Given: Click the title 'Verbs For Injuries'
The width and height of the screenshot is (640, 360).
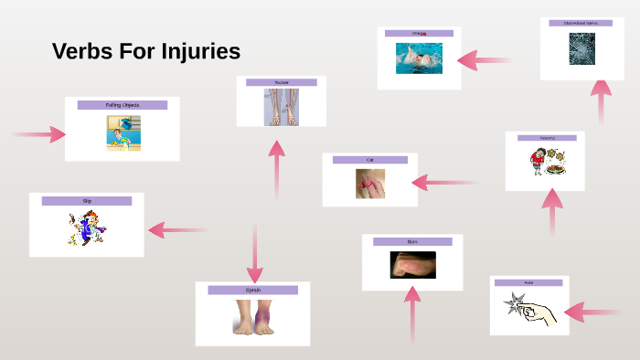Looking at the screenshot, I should pos(146,52).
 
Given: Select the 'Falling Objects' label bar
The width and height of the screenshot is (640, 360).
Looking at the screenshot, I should pos(122,105).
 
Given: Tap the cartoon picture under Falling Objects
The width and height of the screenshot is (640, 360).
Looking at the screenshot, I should pos(123,132).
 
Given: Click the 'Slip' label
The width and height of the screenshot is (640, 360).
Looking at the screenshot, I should pos(87,200).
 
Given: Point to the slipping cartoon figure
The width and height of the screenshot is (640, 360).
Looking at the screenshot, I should pos(86,228).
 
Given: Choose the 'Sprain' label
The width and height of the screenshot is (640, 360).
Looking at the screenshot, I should pos(252,290).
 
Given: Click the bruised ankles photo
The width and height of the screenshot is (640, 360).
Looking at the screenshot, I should pos(252,317).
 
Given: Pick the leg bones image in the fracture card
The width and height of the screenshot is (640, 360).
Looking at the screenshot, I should pos(281,107).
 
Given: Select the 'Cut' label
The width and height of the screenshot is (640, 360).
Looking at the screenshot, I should pos(369,160).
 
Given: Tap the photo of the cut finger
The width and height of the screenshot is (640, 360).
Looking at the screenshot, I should pos(369,183).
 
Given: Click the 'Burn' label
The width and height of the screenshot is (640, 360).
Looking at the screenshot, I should pos(412,241).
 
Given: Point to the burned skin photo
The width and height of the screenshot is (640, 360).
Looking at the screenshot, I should pos(412,265).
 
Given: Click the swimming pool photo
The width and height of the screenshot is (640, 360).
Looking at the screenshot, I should pos(419,58).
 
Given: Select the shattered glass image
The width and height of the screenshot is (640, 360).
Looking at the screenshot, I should pos(581,48).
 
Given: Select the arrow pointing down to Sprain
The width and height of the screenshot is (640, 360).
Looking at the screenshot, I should pos(255,256).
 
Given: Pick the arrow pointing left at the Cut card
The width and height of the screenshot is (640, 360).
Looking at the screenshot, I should pos(443,182).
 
